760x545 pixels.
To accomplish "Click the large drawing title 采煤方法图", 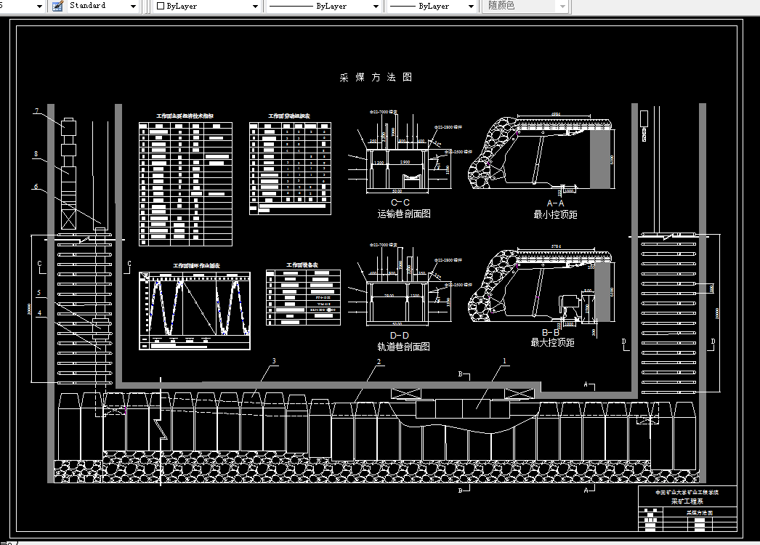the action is click(x=376, y=77).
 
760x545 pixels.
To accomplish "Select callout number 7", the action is click(x=36, y=111).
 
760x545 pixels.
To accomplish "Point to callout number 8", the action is click(x=36, y=154).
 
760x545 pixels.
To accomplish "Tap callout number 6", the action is click(x=36, y=186).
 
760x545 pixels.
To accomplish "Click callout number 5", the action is click(x=40, y=292).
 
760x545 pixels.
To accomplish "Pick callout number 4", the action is click(x=40, y=313).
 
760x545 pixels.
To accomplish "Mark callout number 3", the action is click(x=274, y=361).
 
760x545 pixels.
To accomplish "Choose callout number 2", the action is click(x=379, y=362).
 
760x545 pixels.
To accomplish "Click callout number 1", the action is click(x=505, y=360).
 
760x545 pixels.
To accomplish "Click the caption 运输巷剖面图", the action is click(x=403, y=214).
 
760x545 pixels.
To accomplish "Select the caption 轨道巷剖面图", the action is click(x=403, y=347).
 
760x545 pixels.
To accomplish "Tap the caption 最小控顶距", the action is click(x=554, y=214).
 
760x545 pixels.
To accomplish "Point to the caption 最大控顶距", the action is click(x=553, y=342).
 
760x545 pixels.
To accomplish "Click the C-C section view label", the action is click(x=400, y=203).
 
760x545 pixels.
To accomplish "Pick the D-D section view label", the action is click(x=400, y=335).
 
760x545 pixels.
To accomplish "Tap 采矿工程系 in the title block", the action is click(x=687, y=501).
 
